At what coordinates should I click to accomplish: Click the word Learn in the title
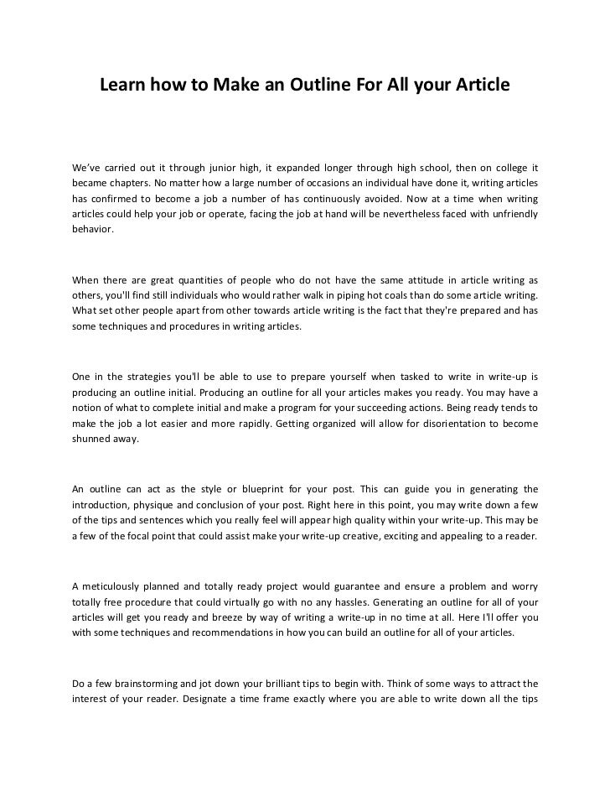(122, 86)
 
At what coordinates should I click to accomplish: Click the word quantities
(227, 280)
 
